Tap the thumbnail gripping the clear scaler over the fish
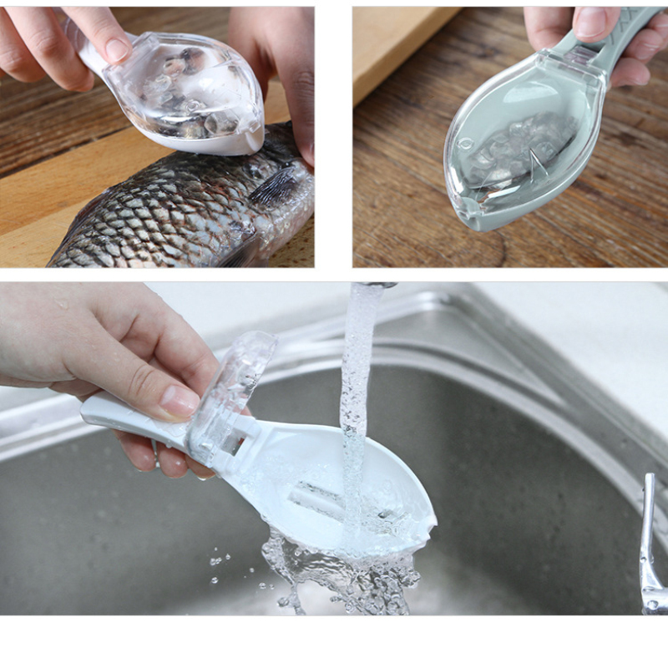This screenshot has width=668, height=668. point(117,49)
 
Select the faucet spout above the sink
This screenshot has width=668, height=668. point(376,286)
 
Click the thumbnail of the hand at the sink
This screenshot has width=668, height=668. point(180,399)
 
